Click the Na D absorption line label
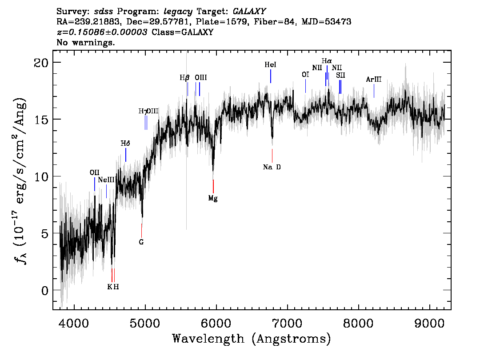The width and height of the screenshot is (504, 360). click(272, 167)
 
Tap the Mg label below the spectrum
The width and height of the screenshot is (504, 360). click(213, 198)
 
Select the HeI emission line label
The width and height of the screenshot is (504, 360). click(270, 64)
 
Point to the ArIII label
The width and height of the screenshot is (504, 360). click(374, 79)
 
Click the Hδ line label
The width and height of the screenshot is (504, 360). click(125, 144)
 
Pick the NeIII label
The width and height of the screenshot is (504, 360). click(106, 180)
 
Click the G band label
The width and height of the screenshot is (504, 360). click(141, 242)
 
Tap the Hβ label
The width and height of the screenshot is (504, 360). click(184, 77)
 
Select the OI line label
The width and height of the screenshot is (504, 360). click(305, 75)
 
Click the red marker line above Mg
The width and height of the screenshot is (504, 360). click(213, 186)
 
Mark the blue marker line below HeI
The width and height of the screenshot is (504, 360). click(271, 76)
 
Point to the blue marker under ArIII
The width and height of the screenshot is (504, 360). click(374, 91)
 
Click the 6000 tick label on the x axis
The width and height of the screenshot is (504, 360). click(216, 323)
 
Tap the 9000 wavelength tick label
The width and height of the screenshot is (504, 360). click(429, 323)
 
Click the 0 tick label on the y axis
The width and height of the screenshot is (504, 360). click(45, 291)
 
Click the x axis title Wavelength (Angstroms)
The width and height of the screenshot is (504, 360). click(252, 339)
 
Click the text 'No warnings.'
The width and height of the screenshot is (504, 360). click(85, 42)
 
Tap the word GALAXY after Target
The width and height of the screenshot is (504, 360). click(249, 12)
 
